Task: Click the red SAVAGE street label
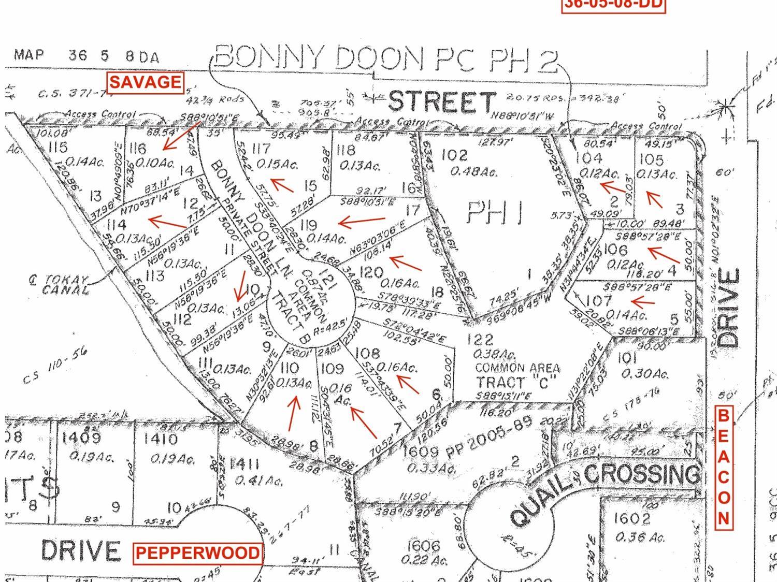click(x=146, y=82)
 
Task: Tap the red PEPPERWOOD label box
click(x=197, y=553)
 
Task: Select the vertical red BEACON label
click(x=724, y=468)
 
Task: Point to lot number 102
click(x=454, y=155)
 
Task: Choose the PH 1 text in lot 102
click(x=494, y=213)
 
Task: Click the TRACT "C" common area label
click(x=516, y=382)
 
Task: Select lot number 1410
click(x=161, y=439)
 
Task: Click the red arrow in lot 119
click(x=361, y=222)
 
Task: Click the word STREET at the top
click(x=441, y=102)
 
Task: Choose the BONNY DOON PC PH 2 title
click(x=386, y=58)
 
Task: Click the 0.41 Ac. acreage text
click(x=259, y=481)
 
